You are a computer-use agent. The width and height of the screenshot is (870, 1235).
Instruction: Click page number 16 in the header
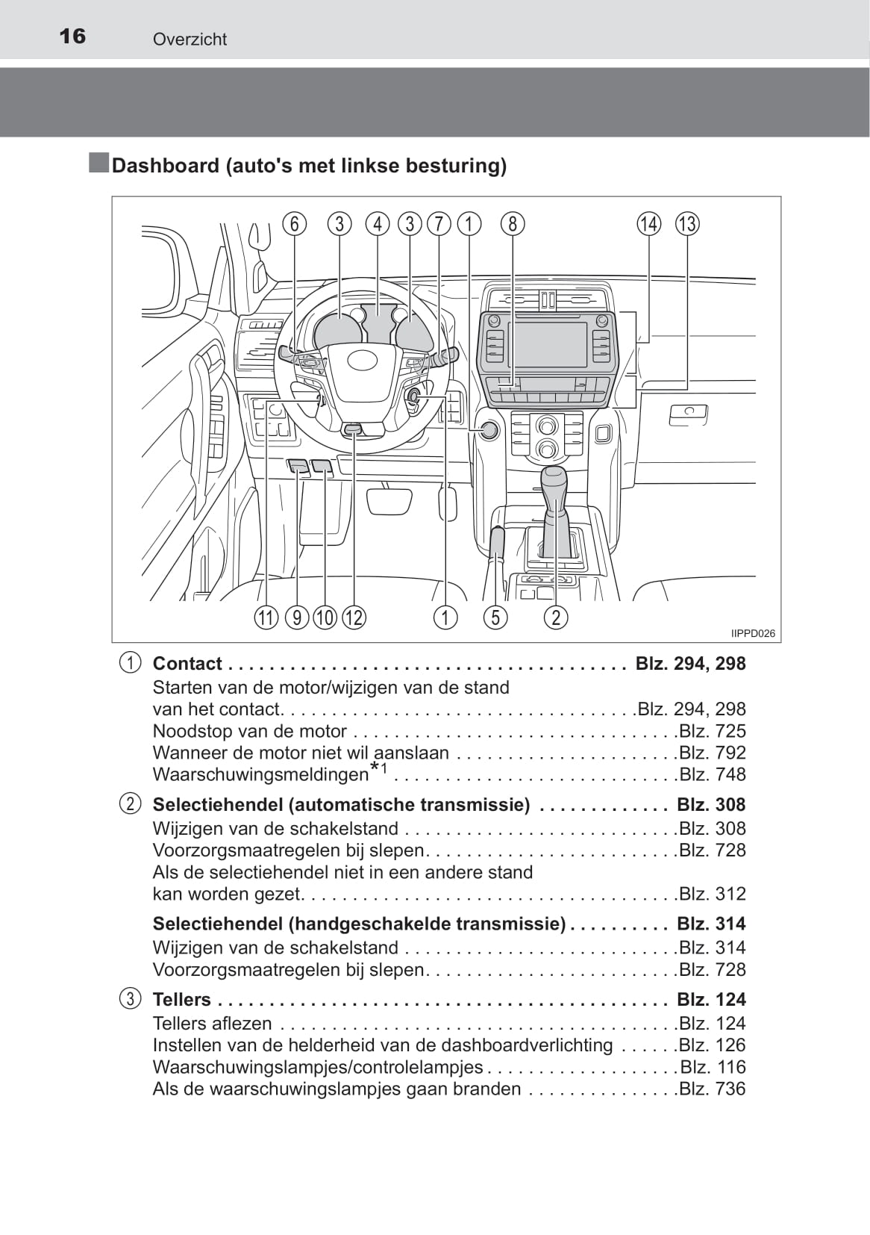pyautogui.click(x=72, y=36)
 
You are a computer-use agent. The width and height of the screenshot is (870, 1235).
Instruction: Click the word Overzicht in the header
pyautogui.click(x=190, y=40)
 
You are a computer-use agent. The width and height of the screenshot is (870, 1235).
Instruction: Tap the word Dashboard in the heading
pyautogui.click(x=165, y=165)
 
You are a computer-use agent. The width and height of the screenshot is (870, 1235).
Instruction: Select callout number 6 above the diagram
pyautogui.click(x=295, y=223)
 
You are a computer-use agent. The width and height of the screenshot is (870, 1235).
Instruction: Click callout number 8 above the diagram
pyautogui.click(x=513, y=223)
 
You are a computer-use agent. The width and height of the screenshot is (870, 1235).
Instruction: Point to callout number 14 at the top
pyautogui.click(x=648, y=223)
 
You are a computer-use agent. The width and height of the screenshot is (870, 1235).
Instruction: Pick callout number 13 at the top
pyautogui.click(x=687, y=223)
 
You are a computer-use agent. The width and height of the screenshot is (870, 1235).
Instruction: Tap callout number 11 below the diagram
pyautogui.click(x=266, y=617)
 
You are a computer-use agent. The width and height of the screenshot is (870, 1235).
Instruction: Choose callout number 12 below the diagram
pyautogui.click(x=354, y=617)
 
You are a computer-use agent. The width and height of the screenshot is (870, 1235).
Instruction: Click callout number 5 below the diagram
pyautogui.click(x=495, y=617)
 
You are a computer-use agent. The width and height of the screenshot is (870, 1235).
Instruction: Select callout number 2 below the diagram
pyautogui.click(x=555, y=617)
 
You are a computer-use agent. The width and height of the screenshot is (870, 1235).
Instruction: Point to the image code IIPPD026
pyautogui.click(x=753, y=633)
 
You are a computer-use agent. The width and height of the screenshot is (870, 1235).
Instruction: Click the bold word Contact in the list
pyautogui.click(x=187, y=664)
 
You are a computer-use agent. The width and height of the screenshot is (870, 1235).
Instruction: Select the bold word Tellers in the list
pyautogui.click(x=181, y=999)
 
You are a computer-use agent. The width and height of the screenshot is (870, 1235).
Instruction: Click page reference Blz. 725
pyautogui.click(x=712, y=731)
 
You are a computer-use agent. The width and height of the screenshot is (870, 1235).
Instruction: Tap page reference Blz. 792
pyautogui.click(x=712, y=753)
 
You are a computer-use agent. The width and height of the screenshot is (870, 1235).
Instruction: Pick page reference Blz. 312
pyautogui.click(x=712, y=894)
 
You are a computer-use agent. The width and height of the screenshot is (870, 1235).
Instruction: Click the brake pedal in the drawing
pyautogui.click(x=389, y=501)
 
